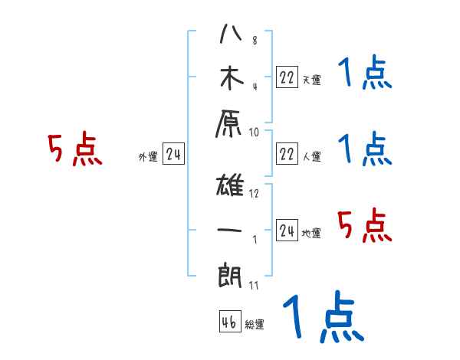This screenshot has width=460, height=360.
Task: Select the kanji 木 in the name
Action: (x=231, y=79)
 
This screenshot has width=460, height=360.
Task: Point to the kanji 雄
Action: (x=231, y=187)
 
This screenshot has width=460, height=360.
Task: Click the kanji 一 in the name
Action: (x=231, y=230)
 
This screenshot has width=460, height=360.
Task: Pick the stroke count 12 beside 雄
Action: (x=254, y=193)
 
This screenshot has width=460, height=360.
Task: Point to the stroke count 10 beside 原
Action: (x=254, y=132)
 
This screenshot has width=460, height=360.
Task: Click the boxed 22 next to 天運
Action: (x=287, y=77)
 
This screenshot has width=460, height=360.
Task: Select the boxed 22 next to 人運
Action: (x=287, y=153)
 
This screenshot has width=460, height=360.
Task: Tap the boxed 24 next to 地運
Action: (x=287, y=230)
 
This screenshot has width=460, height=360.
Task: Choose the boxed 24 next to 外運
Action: (x=174, y=155)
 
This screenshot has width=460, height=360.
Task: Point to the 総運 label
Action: (x=255, y=325)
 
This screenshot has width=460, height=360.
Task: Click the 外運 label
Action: (x=148, y=157)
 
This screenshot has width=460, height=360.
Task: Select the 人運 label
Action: (x=311, y=157)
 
